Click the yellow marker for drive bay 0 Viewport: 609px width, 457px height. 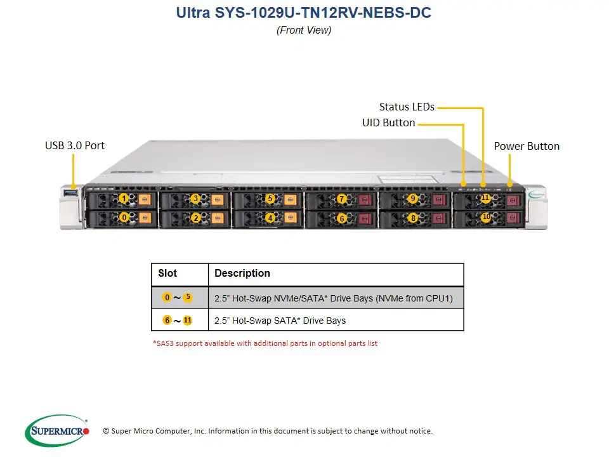click(124, 218)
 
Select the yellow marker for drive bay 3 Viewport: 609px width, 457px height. click(195, 199)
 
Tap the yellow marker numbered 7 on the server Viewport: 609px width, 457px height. click(342, 199)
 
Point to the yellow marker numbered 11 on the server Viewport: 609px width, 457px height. click(485, 198)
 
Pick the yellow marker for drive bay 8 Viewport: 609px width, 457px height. click(413, 218)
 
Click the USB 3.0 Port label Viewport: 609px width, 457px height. click(75, 145)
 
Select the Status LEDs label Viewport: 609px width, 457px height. click(407, 107)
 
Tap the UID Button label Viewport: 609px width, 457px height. click(388, 123)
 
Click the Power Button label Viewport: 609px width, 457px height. click(527, 146)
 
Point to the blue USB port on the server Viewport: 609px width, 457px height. click(70, 192)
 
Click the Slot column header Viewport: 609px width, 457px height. click(167, 274)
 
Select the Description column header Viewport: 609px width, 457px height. click(242, 274)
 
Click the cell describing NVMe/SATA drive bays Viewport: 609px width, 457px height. click(334, 298)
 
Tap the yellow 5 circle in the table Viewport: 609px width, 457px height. click(187, 297)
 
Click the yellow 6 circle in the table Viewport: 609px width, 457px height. click(167, 320)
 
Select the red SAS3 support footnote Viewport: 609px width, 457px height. click(266, 343)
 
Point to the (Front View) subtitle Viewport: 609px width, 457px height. click(304, 30)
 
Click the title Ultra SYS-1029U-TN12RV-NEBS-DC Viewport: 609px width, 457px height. click(304, 13)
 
